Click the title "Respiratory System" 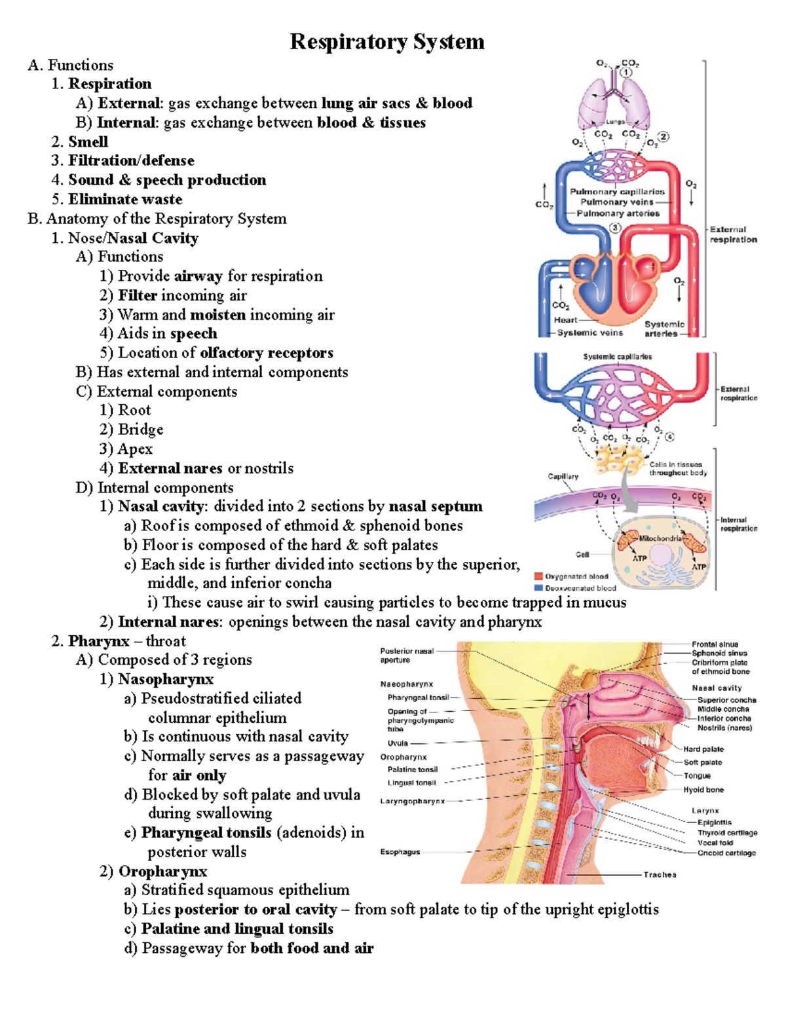[x=387, y=42]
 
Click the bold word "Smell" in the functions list [x=88, y=141]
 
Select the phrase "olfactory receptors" [x=267, y=353]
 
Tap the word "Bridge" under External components [x=140, y=430]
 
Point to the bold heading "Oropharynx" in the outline [x=162, y=872]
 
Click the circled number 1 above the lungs [x=627, y=72]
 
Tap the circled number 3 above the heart [x=615, y=228]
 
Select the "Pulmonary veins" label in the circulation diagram [x=617, y=202]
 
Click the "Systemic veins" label [x=590, y=333]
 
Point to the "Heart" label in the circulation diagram [x=565, y=320]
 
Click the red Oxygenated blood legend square [x=539, y=576]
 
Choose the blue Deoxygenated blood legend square [x=539, y=587]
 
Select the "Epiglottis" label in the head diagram [x=714, y=823]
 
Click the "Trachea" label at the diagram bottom [x=660, y=875]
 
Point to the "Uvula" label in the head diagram [x=398, y=743]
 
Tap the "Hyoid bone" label [x=703, y=790]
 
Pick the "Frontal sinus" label [x=715, y=644]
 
